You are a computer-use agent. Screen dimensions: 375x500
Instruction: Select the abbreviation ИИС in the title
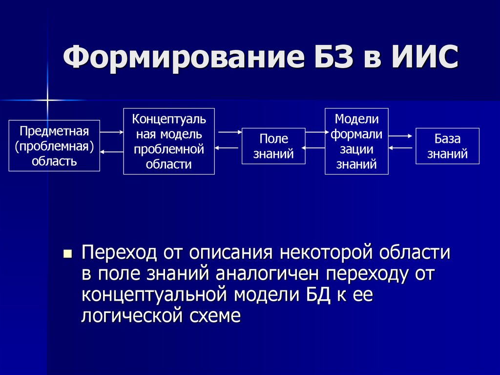tap(424, 58)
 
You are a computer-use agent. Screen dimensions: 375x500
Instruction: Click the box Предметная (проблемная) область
tap(54, 146)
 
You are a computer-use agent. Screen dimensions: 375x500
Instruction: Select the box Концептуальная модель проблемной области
tap(169, 141)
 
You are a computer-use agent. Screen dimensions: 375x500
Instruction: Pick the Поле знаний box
tap(273, 146)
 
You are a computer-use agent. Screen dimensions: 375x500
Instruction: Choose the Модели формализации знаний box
tap(356, 141)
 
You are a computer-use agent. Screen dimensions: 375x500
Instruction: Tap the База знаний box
tap(447, 146)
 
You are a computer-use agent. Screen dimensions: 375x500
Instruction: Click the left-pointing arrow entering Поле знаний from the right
tap(314, 147)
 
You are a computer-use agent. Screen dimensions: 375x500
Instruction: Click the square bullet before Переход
tap(68, 254)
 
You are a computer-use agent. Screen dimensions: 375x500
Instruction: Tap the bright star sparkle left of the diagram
tap(47, 100)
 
